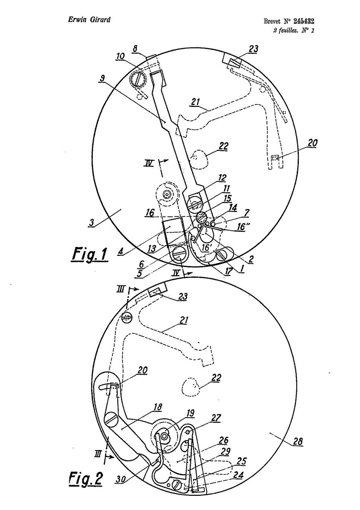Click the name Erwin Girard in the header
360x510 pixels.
coord(89,20)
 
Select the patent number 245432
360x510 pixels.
coord(304,21)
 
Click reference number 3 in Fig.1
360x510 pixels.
coord(91,222)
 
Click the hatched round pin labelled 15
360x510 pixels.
coord(201,217)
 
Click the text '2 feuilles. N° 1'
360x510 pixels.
coord(294,30)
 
